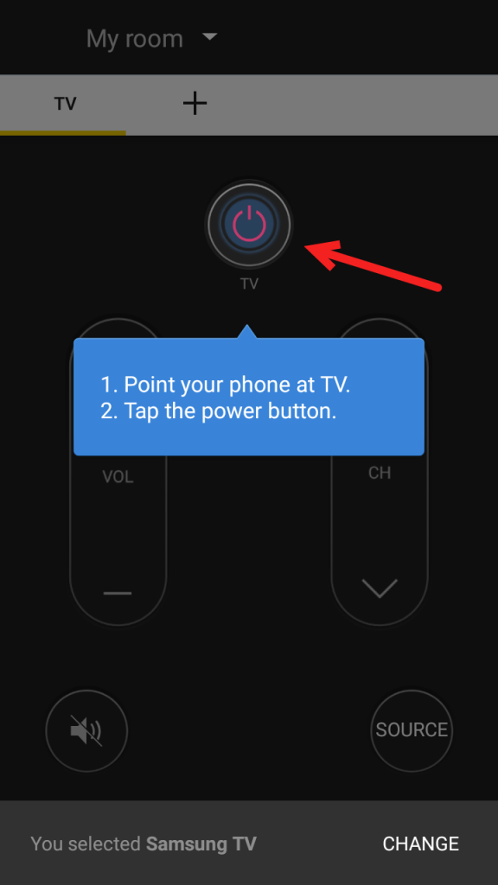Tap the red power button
coord(249,223)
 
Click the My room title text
coord(135,39)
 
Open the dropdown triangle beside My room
coord(208,37)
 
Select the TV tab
coord(65,104)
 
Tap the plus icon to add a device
coord(195,104)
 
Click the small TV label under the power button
coord(249,283)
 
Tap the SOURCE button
coord(412,729)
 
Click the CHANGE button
coord(421,844)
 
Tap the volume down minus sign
coord(118,593)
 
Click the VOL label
coord(118,477)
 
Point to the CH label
coord(380,473)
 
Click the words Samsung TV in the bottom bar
coord(201,844)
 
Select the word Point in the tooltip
coord(149,385)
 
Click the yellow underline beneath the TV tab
coord(63,132)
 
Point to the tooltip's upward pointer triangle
coord(248,333)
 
